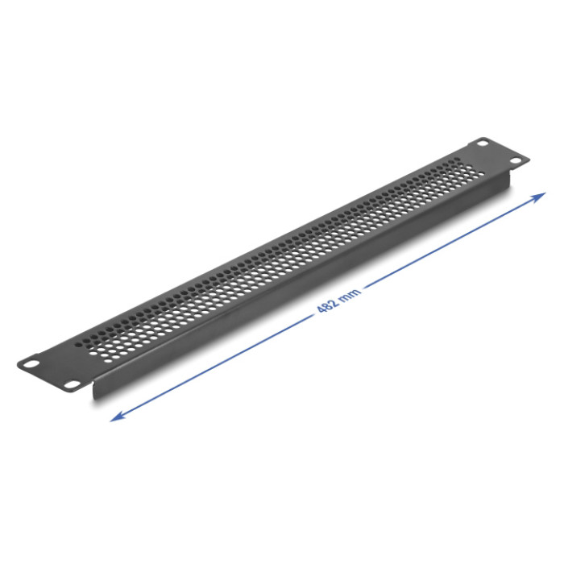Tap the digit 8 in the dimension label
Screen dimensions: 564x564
(x=328, y=305)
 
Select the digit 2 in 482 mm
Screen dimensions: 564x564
(x=334, y=301)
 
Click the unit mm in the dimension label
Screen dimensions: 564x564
(x=349, y=292)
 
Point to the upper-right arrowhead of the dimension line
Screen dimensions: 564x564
(x=540, y=197)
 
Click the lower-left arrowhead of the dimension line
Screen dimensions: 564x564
(x=118, y=417)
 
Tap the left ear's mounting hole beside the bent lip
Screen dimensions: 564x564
(x=71, y=384)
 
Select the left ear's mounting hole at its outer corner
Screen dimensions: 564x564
(x=31, y=363)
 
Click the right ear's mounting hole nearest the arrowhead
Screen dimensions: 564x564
(x=516, y=161)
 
